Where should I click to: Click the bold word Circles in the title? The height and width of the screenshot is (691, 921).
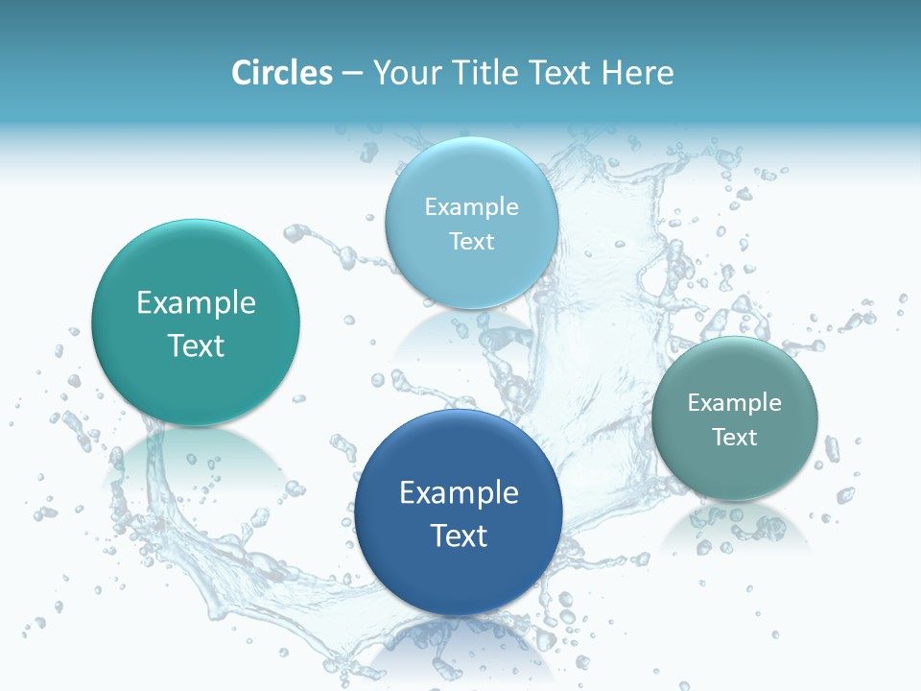click(281, 73)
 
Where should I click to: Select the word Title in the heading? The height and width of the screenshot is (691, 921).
click(488, 73)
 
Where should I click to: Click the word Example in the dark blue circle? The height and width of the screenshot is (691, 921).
click(459, 493)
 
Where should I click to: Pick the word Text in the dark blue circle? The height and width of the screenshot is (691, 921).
click(459, 536)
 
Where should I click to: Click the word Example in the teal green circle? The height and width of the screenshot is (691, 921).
click(196, 303)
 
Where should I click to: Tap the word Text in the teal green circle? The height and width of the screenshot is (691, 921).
click(196, 345)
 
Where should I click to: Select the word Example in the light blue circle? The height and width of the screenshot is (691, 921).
click(471, 207)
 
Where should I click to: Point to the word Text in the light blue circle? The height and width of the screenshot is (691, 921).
click(471, 241)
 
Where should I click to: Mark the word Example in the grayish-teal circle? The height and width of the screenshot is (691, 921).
click(734, 403)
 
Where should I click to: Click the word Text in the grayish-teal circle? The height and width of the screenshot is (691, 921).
click(735, 438)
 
